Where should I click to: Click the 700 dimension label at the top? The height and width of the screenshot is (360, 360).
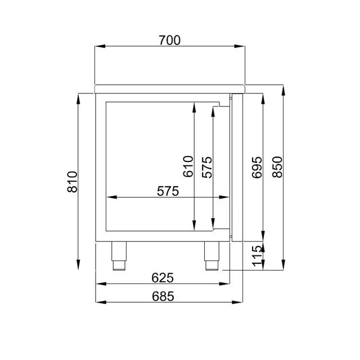[x=170, y=40]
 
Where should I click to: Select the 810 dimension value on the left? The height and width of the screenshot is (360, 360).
[x=73, y=182]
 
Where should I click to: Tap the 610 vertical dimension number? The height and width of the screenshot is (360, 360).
[x=188, y=166]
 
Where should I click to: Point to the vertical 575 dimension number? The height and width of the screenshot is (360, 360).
[x=207, y=167]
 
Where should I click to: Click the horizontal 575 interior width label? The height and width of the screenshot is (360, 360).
[x=168, y=191]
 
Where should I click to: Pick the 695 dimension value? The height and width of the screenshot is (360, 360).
[x=256, y=168]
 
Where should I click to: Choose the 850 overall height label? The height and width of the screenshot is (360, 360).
[x=277, y=167]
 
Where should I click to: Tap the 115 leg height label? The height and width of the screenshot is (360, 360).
[x=256, y=256]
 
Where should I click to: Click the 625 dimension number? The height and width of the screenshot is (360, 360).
[x=163, y=278]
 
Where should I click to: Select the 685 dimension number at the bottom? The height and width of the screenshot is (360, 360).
[x=163, y=296]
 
